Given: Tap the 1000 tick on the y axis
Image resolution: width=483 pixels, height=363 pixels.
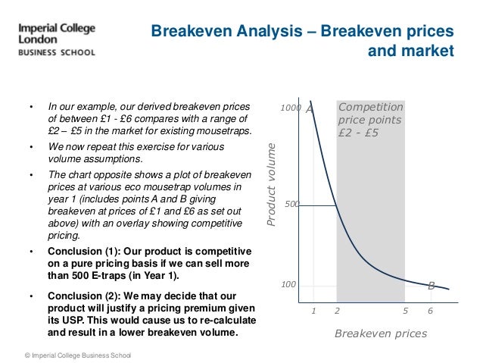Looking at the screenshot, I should tap(291, 109).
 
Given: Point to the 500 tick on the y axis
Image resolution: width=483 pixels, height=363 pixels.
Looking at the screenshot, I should tap(291, 205).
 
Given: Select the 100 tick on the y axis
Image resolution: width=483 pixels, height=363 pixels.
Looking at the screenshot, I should tap(288, 285).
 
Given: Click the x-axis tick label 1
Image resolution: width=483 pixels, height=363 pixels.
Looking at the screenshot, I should tap(313, 311).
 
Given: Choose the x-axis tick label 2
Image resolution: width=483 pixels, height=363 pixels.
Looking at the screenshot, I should tap(337, 311).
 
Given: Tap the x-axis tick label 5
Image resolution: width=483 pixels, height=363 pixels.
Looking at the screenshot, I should tap(405, 311).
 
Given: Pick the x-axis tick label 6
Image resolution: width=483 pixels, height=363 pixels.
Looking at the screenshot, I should tap(430, 311).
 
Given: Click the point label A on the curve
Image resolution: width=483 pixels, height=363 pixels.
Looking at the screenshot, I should tap(309, 108).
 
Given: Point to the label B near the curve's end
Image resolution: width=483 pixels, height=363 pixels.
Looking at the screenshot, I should tap(431, 286).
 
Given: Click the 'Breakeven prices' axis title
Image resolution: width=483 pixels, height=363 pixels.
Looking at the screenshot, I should tap(381, 333).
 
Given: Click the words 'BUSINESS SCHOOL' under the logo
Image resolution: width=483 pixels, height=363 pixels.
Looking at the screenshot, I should tap(57, 53).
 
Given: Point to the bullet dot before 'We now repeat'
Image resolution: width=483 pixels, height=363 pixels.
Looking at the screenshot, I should tap(30, 146).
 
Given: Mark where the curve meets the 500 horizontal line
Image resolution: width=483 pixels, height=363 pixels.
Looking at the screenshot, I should tap(337, 205).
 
